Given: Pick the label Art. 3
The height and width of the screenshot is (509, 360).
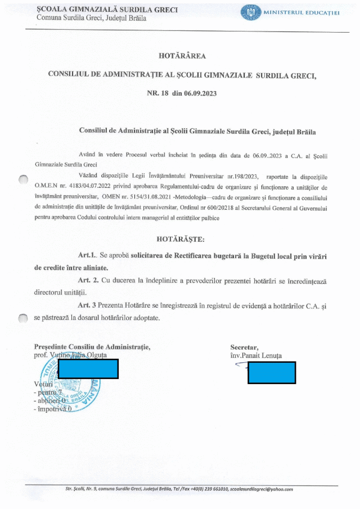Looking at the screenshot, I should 89,305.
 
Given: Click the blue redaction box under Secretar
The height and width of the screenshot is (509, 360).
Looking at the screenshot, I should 272,372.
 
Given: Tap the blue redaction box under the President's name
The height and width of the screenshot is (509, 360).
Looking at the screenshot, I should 88,368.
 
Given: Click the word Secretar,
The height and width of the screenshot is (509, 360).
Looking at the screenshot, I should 244,347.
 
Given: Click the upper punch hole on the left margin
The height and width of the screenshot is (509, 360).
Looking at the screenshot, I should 23,179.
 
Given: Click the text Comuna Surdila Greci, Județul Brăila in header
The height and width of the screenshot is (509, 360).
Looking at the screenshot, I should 91,19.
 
